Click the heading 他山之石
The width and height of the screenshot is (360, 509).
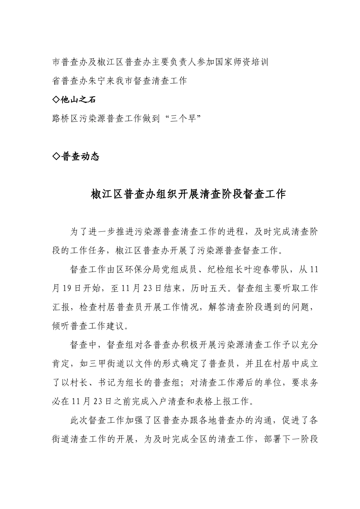pos(78,100)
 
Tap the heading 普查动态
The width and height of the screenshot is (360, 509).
pos(80,156)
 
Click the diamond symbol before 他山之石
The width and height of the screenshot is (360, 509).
pos(56,100)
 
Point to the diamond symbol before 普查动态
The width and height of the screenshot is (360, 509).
pos(56,156)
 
